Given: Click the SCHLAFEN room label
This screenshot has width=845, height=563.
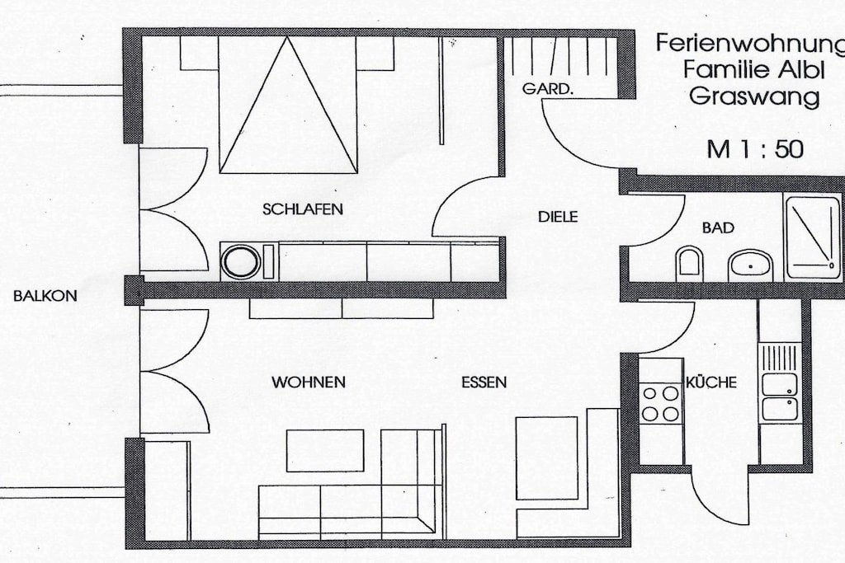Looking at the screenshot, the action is pos(302,209).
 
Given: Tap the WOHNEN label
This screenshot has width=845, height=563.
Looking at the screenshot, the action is pos(309,382).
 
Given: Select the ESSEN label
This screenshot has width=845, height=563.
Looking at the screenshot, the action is pos(484,382).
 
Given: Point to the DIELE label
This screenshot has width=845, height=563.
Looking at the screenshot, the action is pos(558,217).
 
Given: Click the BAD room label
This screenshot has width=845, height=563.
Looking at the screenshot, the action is pos(718,228).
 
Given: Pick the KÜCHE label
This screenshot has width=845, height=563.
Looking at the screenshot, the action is pos(711,382).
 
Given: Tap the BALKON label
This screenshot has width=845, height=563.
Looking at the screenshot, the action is pos(45,295).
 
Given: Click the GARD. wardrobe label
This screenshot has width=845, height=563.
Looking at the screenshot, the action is pos(546,89).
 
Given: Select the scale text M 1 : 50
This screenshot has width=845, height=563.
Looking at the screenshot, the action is pos(754,149).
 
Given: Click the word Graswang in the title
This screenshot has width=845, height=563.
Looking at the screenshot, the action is pos(754,97).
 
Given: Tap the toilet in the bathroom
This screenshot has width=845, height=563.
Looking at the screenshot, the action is pos(689,265).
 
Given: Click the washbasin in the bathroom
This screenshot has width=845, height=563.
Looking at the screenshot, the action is pos(750,265).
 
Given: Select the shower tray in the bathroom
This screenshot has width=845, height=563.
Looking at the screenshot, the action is pos(812,237).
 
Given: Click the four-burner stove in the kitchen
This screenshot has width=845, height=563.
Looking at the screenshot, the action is pos(661,403).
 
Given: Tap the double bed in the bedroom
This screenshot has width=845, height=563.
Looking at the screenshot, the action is pos(288,105).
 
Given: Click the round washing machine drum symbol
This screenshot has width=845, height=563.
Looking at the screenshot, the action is pos(242,262).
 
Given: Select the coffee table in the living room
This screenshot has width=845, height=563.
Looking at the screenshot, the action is pos(325,451).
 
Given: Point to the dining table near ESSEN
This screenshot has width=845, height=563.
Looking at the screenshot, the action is pos(547,458).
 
